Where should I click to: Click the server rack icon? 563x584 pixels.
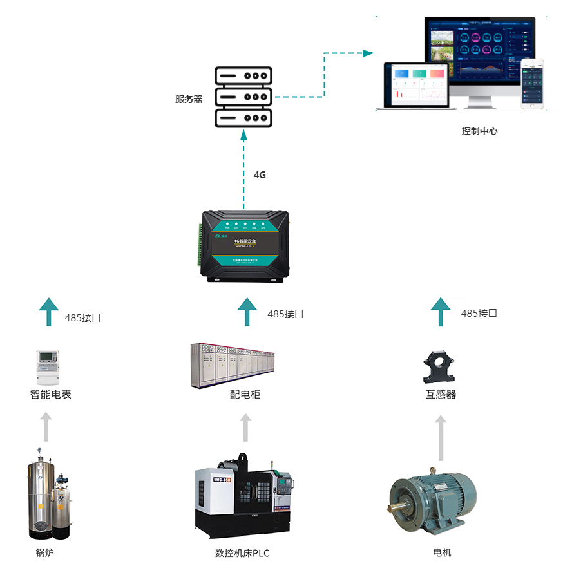coord(243,97)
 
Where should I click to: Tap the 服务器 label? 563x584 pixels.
coord(189,99)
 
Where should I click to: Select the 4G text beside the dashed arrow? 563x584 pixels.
coord(260,174)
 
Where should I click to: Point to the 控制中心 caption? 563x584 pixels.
coord(479,131)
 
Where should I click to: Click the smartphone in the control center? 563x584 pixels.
coord(533,84)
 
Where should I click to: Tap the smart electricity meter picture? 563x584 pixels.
coord(48,367)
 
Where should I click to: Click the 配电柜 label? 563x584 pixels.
coord(245,394)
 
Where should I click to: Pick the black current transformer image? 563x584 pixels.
coord(440,366)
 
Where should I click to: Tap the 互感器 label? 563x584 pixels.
coord(441,394)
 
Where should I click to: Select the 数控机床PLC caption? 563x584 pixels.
coord(242,552)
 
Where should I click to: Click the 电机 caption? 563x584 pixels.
coord(442,552)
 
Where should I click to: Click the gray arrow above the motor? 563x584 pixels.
coord(441,438)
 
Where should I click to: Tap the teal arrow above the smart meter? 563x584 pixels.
coord(48,312)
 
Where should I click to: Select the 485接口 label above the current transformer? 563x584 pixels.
coord(479,314)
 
